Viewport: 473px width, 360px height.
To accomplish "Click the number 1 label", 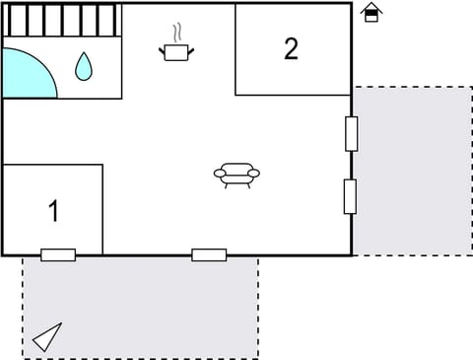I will [53, 210].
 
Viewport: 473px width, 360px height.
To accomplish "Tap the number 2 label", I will [291, 48].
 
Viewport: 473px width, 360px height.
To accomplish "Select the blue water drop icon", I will [84, 66].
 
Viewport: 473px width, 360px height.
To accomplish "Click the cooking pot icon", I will [176, 52].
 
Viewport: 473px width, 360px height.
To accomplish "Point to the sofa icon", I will [236, 175].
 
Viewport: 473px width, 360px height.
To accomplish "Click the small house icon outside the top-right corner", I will [371, 13].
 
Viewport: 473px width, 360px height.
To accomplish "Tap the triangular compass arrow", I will [47, 337].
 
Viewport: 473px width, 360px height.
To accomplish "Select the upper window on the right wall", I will [351, 133].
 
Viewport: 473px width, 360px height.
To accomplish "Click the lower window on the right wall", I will [350, 196].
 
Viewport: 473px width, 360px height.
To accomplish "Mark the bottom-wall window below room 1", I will [58, 254].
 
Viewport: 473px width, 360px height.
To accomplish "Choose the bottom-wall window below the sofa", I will [209, 254].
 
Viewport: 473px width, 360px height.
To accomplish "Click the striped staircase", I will [61, 20].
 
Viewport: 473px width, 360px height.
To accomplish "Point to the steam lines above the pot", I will [177, 33].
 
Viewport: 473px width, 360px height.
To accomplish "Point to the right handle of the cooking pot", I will [191, 47].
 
